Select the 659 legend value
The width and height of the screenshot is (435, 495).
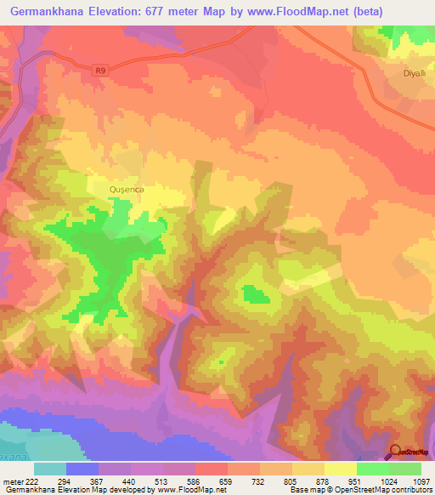(226, 481)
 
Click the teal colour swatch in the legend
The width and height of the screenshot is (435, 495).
(50, 469)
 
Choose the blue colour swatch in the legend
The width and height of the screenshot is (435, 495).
(82, 469)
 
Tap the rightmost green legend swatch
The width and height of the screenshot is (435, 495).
(405, 469)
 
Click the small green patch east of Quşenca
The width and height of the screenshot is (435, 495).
(255, 295)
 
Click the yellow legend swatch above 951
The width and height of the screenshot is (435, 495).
(341, 469)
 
